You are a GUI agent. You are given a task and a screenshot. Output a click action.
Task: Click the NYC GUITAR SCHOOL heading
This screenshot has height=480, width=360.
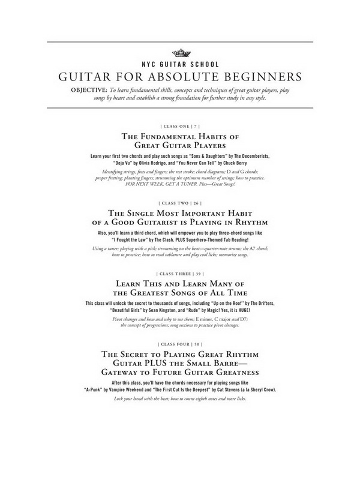pyautogui.click(x=180, y=63)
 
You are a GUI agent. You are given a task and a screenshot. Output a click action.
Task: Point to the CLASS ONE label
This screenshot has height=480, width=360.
pyautogui.click(x=179, y=127)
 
